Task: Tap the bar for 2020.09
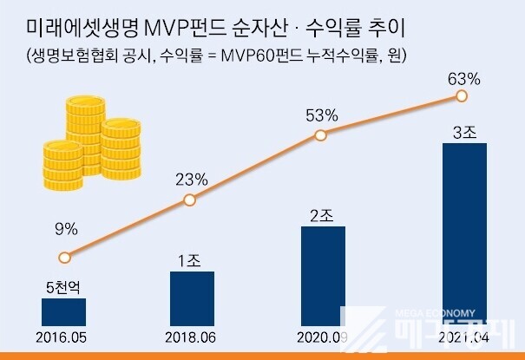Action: [x=323, y=276]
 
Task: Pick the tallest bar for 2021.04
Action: [x=464, y=234]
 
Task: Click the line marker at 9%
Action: [x=63, y=258]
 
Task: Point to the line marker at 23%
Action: [x=190, y=202]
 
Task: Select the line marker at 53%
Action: [x=320, y=135]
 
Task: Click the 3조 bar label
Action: [x=464, y=133]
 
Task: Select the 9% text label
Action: [x=66, y=230]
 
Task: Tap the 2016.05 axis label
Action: [x=63, y=337]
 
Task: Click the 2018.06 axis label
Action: [x=193, y=337]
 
